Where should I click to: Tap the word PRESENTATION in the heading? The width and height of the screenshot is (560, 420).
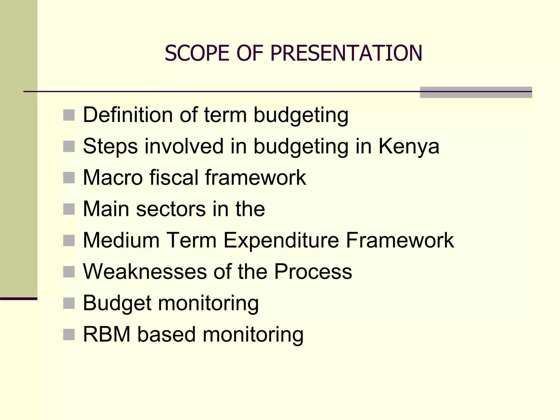[x=346, y=53]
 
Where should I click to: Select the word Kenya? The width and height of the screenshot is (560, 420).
[x=409, y=146]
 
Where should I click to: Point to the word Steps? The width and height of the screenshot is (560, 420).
[x=110, y=146]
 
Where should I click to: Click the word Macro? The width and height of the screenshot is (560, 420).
[x=113, y=177]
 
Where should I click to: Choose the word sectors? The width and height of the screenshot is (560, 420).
[x=171, y=209]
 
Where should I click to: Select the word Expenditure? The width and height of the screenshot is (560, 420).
[x=281, y=240]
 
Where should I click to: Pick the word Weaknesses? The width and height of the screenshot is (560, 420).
[x=145, y=272]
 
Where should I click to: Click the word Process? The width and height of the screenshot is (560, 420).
[x=313, y=272]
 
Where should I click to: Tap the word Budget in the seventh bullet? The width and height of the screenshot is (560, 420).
[x=117, y=303]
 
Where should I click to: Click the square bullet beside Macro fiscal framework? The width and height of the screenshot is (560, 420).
[x=69, y=178]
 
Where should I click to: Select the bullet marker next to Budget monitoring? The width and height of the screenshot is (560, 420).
[x=69, y=303]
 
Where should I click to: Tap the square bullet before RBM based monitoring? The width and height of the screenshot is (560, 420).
[x=69, y=334]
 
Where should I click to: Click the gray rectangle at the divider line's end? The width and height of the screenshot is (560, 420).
[x=476, y=92]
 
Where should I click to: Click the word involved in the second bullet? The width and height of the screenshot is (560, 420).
[x=184, y=146]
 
